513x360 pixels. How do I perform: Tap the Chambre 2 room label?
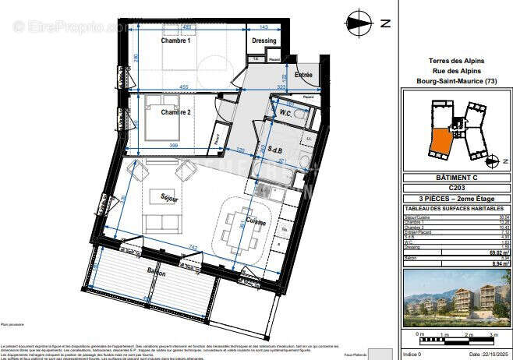176,112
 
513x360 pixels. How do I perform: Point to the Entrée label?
302,74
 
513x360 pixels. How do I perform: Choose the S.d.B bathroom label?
275,149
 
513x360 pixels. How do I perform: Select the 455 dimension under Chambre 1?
182,86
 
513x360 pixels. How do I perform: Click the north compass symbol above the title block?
358,23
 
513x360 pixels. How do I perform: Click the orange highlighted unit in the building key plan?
440,143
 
